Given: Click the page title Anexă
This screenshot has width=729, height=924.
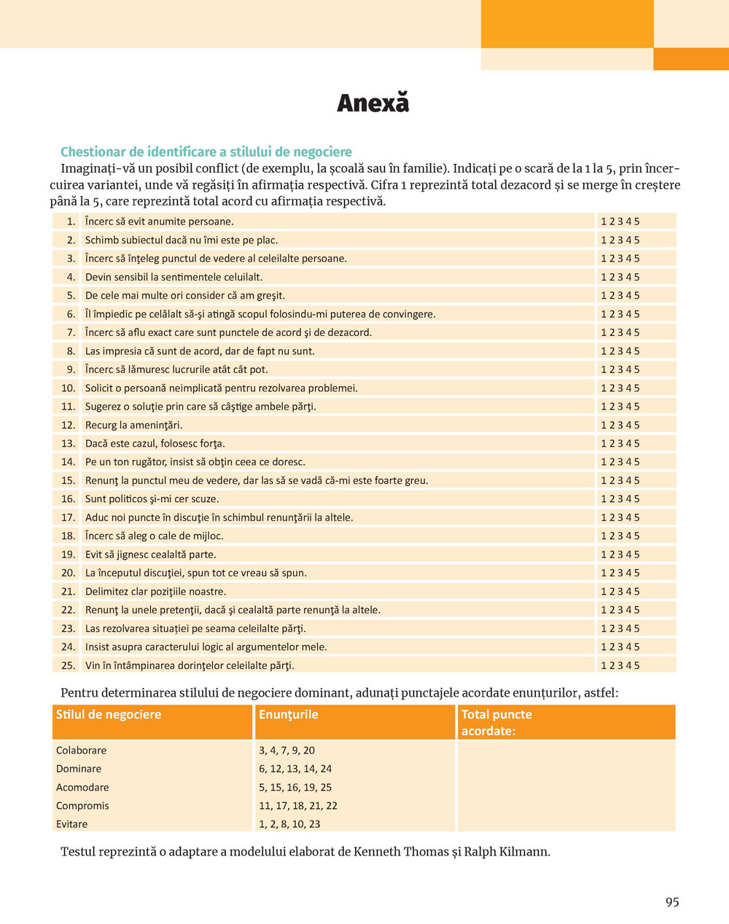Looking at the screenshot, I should click(373, 103).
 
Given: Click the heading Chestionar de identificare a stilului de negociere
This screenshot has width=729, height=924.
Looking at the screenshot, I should click(206, 152).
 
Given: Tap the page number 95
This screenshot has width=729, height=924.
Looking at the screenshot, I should click(672, 902).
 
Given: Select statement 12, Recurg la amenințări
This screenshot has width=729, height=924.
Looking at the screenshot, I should click(133, 425).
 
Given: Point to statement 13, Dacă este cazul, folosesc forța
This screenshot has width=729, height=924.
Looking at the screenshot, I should click(155, 443).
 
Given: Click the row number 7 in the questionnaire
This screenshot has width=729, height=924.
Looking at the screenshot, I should click(71, 332).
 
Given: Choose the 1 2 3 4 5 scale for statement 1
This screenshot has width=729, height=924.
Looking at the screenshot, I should click(620, 222).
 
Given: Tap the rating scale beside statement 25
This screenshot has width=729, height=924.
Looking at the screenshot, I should click(620, 665).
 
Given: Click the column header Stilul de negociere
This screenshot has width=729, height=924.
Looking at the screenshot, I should click(109, 715).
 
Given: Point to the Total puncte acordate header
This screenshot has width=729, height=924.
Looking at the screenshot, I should click(496, 722).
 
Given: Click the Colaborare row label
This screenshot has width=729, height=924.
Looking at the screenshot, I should click(81, 751).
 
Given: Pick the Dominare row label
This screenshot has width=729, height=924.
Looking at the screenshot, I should click(79, 769).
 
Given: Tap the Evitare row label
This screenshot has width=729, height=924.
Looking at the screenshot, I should click(71, 824).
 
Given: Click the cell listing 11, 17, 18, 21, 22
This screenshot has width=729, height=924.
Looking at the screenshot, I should click(298, 806).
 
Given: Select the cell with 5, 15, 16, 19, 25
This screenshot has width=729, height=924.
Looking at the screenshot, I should click(295, 787).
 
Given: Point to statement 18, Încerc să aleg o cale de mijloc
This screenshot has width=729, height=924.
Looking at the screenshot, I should click(154, 536).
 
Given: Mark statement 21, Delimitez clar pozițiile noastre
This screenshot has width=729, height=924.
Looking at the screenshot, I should click(155, 591).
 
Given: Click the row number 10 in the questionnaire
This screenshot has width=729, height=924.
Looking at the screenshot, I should click(69, 388).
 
